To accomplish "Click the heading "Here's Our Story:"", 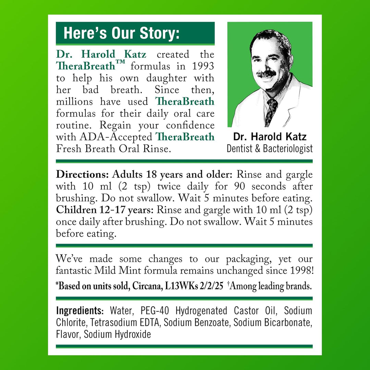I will tap(121, 34).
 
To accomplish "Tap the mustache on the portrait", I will tap(266, 73).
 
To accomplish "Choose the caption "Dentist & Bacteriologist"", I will tap(270, 148).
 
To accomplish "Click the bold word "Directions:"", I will tap(82, 174).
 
